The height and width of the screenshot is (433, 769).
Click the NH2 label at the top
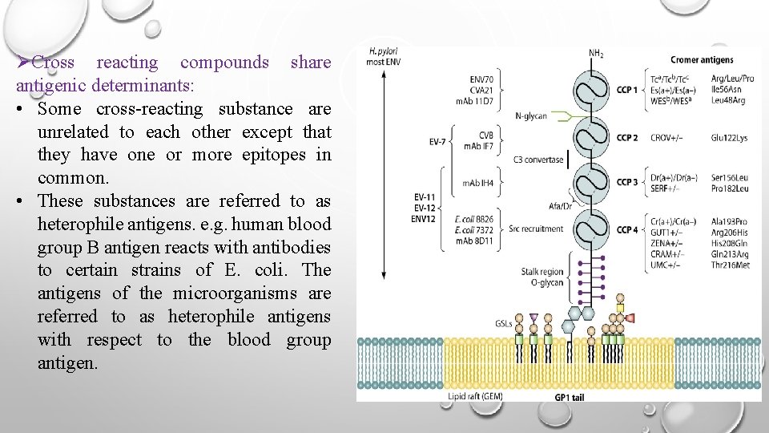coord(596,54)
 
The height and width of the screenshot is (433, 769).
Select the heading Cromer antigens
coord(701,59)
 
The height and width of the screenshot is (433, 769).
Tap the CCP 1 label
coord(626,90)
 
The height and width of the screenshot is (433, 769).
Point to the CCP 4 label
coord(626,229)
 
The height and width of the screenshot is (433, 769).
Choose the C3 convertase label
coord(537,160)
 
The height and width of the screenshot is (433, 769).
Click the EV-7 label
coord(436,144)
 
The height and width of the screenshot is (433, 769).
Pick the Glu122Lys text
coord(730,138)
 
